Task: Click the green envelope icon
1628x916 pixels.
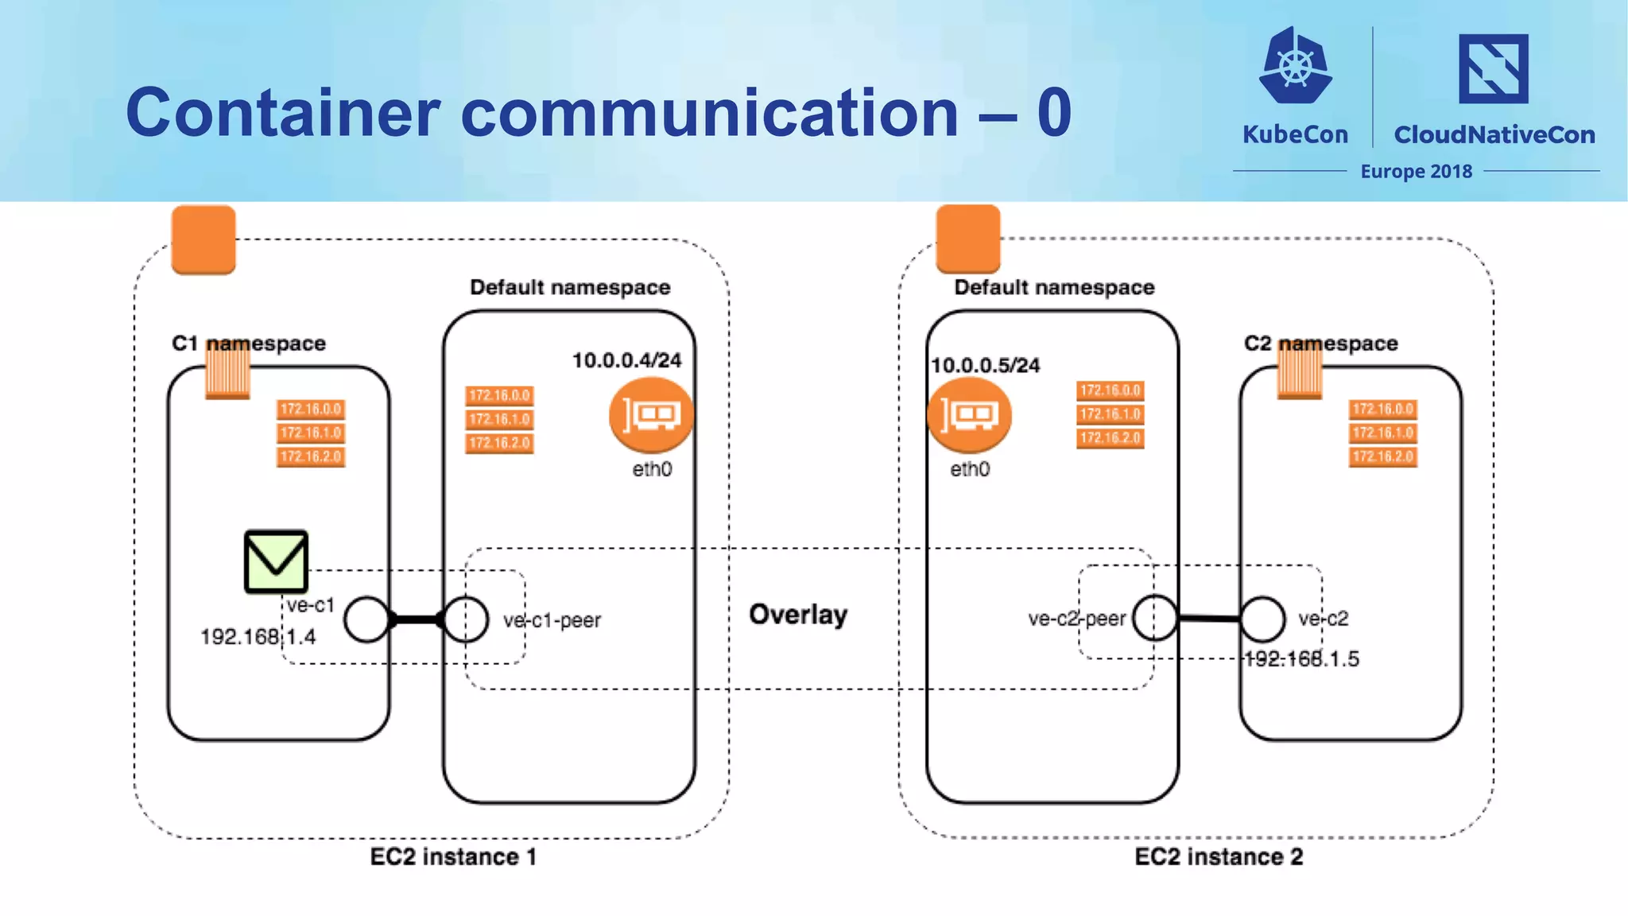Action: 276,561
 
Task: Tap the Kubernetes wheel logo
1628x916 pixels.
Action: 1295,66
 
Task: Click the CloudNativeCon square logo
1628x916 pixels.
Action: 1493,68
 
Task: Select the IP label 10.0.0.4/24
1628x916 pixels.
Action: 626,360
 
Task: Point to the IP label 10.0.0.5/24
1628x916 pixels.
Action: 985,365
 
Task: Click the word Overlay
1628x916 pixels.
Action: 798,614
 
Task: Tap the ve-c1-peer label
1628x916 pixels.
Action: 552,620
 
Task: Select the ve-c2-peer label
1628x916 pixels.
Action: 1076,619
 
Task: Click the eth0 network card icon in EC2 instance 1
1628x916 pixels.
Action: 651,415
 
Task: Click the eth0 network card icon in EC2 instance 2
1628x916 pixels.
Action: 969,415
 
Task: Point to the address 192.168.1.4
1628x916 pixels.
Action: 258,637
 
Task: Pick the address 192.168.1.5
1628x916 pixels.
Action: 1301,658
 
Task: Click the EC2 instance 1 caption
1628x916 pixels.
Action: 453,856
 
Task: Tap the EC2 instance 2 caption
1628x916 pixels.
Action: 1219,856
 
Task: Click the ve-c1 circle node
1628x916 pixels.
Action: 366,619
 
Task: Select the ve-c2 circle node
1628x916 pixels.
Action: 1262,619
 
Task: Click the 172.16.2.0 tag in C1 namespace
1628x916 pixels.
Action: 310,456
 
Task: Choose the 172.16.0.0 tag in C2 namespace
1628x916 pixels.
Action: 1382,409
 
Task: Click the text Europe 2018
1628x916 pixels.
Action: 1416,172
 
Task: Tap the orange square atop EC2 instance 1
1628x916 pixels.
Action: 203,239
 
